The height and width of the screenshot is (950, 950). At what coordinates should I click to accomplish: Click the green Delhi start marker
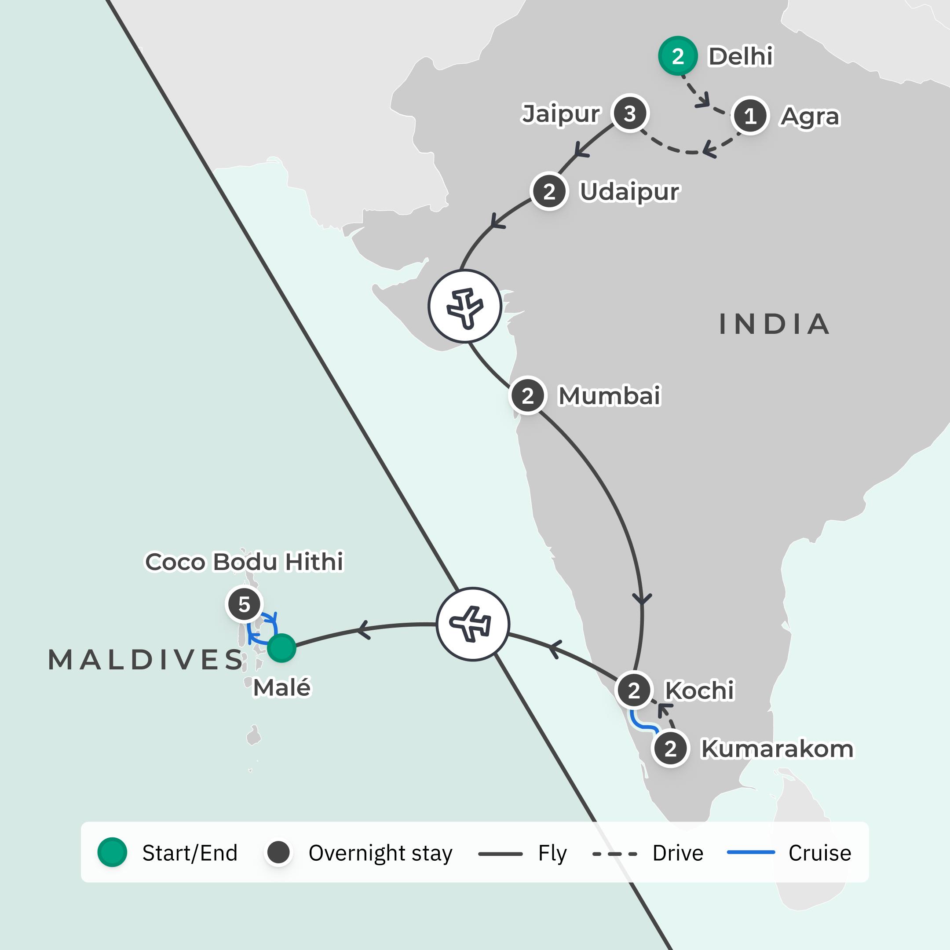[x=678, y=56]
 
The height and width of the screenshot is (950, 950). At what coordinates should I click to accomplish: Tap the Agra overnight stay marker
[x=750, y=116]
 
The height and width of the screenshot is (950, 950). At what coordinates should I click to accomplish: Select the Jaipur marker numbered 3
[x=630, y=113]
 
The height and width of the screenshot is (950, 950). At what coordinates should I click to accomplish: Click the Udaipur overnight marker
[x=549, y=191]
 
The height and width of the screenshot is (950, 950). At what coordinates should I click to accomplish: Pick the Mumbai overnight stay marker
[x=528, y=395]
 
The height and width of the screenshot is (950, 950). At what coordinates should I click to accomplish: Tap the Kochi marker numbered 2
[x=634, y=691]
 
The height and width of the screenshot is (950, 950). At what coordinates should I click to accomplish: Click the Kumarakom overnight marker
[x=670, y=749]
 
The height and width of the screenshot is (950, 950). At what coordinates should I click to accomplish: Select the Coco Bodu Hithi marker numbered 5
[x=245, y=604]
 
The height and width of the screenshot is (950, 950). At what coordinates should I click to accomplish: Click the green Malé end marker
[x=282, y=648]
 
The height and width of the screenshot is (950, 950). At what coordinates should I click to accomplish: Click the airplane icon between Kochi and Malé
[x=472, y=624]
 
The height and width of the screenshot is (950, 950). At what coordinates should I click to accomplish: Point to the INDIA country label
[x=775, y=324]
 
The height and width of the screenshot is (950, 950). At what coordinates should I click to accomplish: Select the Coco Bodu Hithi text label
[x=245, y=562]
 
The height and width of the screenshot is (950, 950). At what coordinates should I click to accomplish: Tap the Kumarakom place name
[x=777, y=749]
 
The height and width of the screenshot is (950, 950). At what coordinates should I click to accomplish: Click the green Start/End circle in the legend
[x=113, y=852]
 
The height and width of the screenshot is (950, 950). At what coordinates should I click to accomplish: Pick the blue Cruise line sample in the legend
[x=751, y=852]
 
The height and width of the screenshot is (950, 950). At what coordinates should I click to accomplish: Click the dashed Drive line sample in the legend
[x=615, y=854]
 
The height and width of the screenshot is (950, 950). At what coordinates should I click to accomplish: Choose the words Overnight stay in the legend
[x=380, y=853]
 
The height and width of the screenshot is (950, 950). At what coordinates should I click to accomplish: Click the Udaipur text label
[x=629, y=192]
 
